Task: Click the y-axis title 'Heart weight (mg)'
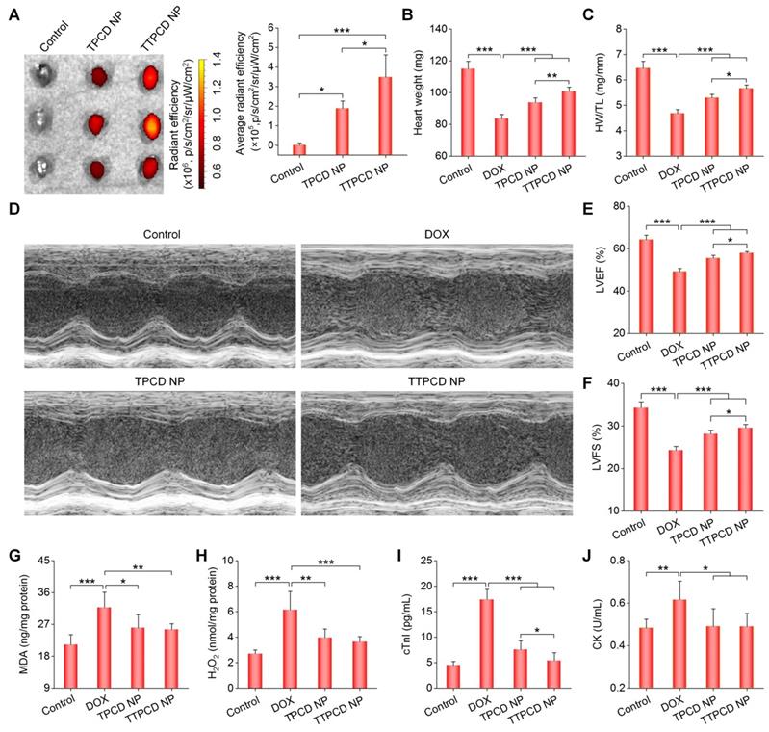coord(422,92)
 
